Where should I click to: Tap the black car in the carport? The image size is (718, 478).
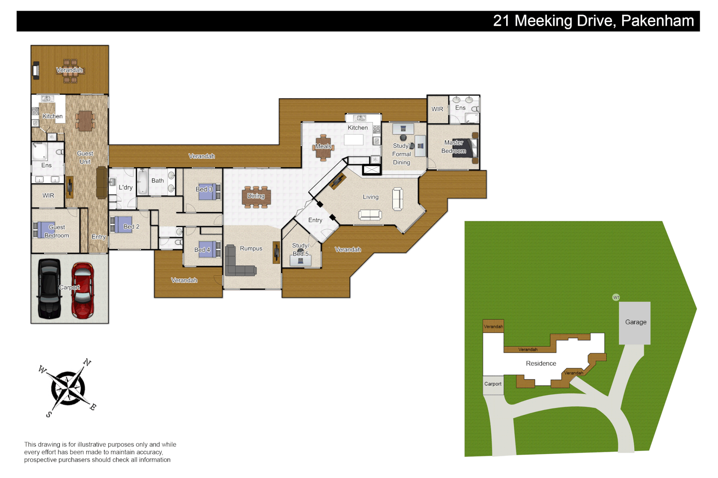[x=49, y=289]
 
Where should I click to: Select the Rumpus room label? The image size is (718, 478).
[x=251, y=248]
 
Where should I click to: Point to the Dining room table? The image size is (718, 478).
[x=256, y=197]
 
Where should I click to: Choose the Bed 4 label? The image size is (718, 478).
[x=202, y=250]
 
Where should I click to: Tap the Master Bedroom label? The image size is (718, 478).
[x=453, y=146]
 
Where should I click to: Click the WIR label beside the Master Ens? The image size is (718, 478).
[x=437, y=109]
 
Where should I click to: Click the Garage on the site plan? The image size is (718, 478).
[x=635, y=322]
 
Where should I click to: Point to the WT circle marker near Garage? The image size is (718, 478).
[x=616, y=297]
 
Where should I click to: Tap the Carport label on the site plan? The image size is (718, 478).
[x=492, y=384]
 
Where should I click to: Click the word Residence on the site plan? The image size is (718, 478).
[x=541, y=363]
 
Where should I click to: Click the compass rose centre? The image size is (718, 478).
[x=68, y=388]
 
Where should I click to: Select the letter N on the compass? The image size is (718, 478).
[x=87, y=362]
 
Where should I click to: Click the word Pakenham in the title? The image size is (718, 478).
[x=657, y=21]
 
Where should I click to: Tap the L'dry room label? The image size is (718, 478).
[x=125, y=187]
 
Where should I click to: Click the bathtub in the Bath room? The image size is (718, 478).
[x=142, y=182]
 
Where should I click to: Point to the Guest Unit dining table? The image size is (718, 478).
[x=85, y=120]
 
